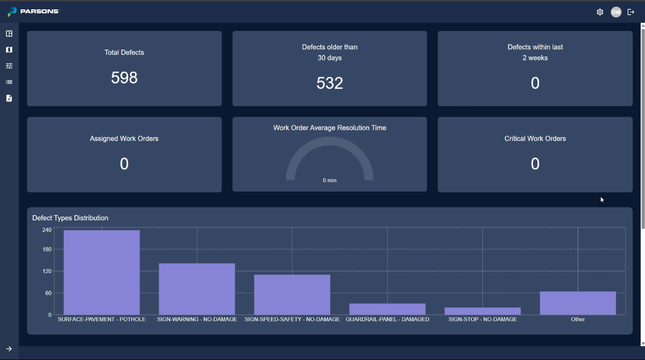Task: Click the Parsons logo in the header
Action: [33, 11]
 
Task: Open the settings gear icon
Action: [600, 12]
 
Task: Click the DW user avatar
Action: [616, 12]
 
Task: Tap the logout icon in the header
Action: [631, 12]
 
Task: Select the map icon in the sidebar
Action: [9, 50]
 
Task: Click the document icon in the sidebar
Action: [9, 98]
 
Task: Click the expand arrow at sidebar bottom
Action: [9, 349]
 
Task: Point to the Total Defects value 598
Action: [124, 78]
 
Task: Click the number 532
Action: [330, 83]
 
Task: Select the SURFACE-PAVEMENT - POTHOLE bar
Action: [102, 273]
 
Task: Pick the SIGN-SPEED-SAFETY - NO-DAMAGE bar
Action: [292, 295]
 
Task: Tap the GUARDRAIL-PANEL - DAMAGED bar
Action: [387, 309]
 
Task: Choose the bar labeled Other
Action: [578, 303]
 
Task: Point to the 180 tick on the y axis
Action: [47, 249]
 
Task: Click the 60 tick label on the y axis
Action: [48, 293]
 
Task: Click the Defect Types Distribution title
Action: [70, 218]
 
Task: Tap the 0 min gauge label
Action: [330, 181]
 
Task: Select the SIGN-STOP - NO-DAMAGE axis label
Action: [482, 319]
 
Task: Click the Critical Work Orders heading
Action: [535, 138]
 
